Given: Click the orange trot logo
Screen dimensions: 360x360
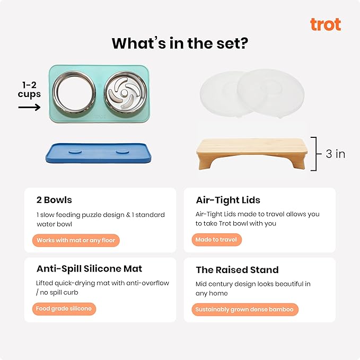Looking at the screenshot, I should [x=325, y=24].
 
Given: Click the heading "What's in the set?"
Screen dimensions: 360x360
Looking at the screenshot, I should [x=180, y=43].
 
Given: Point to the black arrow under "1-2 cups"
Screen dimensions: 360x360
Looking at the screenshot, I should [x=29, y=107].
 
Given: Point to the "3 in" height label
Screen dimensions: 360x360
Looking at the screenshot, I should [x=335, y=154].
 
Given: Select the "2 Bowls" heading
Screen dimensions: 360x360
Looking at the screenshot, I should [x=54, y=200].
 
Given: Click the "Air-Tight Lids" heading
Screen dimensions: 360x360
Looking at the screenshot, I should [x=228, y=200].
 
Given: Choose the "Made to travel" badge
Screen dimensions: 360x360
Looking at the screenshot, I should [x=216, y=240].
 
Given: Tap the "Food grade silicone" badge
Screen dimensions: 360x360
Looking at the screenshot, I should [x=64, y=309].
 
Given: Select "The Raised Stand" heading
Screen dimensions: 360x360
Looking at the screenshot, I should [x=237, y=270].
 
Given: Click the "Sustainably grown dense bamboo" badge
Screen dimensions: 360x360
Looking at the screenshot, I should [x=244, y=309].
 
